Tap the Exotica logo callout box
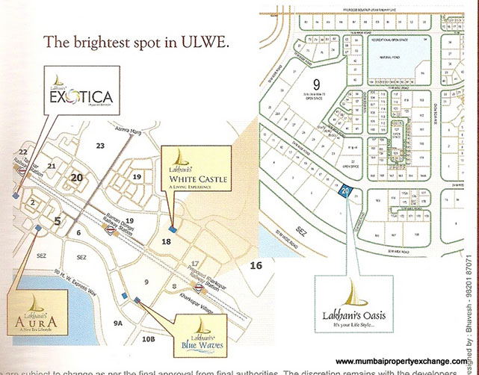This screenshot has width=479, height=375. pyautogui.click(x=80, y=92)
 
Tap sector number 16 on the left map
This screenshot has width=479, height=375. pyautogui.click(x=256, y=265)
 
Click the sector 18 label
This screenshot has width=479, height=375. pyautogui.click(x=167, y=241)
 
